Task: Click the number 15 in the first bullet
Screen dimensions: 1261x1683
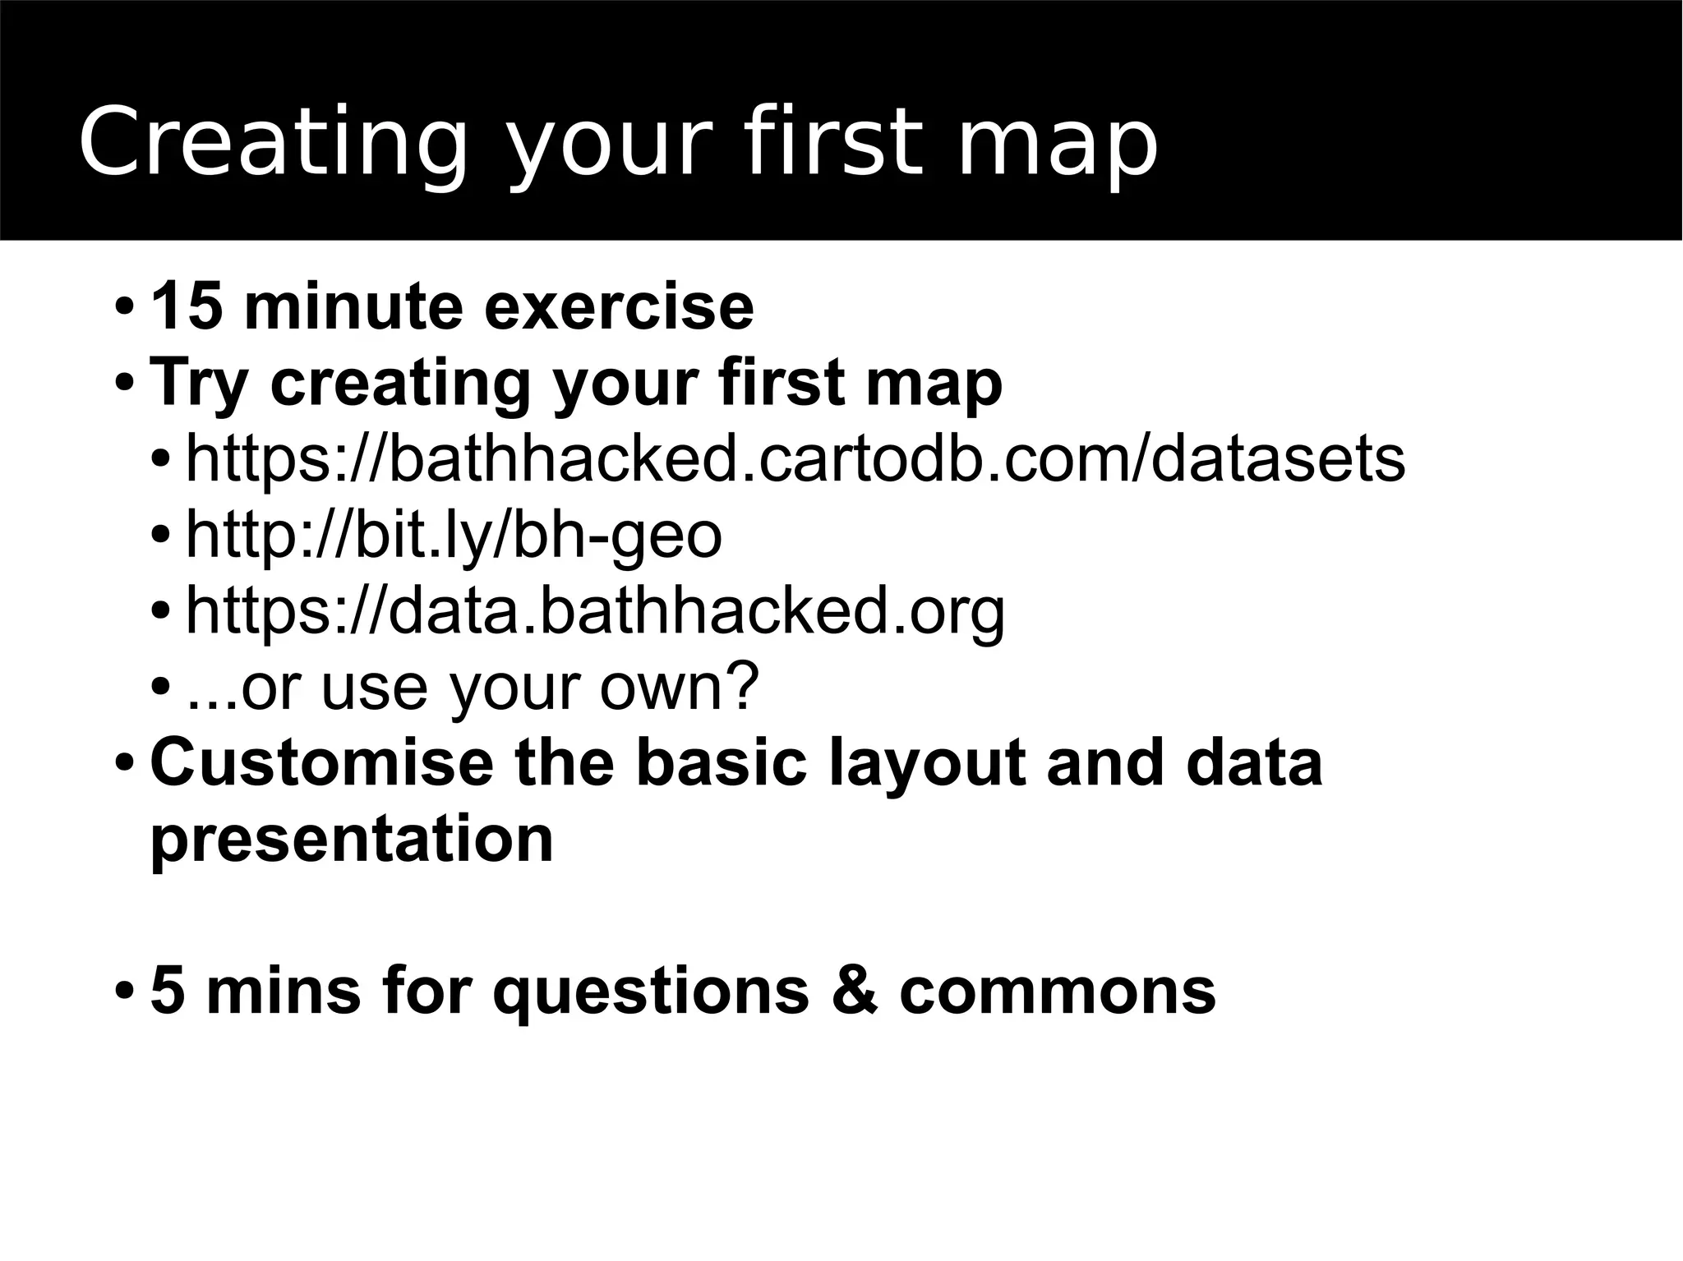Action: coord(187,306)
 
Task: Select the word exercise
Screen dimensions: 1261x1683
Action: coord(618,306)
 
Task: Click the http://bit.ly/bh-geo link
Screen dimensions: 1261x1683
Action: coord(454,534)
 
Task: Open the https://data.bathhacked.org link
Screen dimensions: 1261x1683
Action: coord(595,610)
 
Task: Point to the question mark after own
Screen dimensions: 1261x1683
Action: coord(740,686)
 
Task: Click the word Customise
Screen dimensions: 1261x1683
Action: coord(322,762)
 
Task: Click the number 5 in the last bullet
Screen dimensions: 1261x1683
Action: coord(168,990)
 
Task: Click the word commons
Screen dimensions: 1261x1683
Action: coord(1057,992)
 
